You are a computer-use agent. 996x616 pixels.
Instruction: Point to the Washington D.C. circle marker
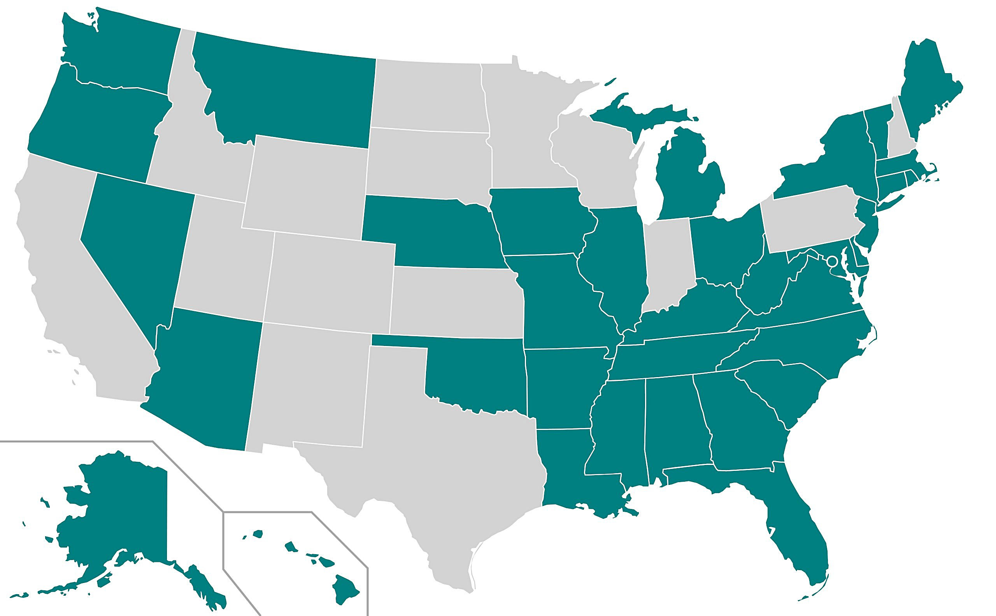tap(832, 261)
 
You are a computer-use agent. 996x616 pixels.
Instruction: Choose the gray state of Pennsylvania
tap(811, 220)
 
